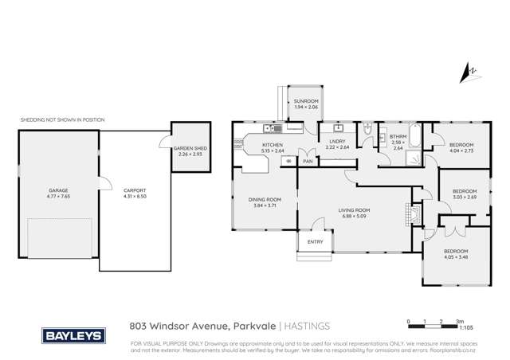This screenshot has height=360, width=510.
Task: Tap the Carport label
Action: pyautogui.click(x=133, y=190)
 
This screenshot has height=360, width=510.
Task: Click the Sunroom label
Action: pyautogui.click(x=306, y=101)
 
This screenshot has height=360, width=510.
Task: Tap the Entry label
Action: pyautogui.click(x=316, y=242)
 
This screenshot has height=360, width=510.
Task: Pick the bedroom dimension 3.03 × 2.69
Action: pyautogui.click(x=464, y=196)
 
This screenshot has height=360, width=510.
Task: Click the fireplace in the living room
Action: pyautogui.click(x=410, y=213)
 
